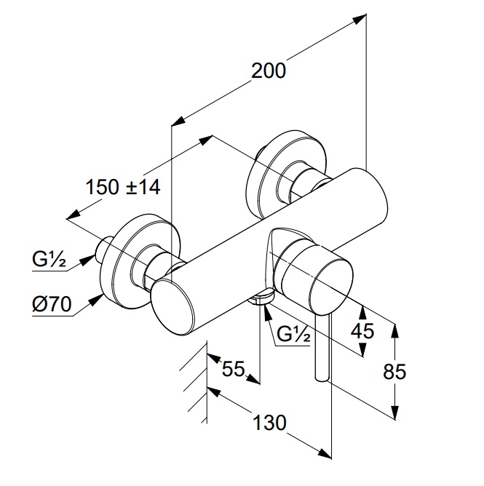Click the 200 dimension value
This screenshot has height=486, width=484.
[x=269, y=71]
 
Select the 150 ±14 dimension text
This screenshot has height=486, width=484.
[x=122, y=187]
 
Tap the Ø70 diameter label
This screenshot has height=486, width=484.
[x=51, y=305]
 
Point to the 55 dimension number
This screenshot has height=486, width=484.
[x=233, y=369]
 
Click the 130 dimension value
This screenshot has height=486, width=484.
[x=269, y=423]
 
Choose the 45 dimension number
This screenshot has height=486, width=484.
[x=362, y=331]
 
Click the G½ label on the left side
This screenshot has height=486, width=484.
[x=49, y=258]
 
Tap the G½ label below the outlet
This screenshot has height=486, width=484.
[x=295, y=335]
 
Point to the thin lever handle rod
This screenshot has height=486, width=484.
[x=322, y=349]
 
